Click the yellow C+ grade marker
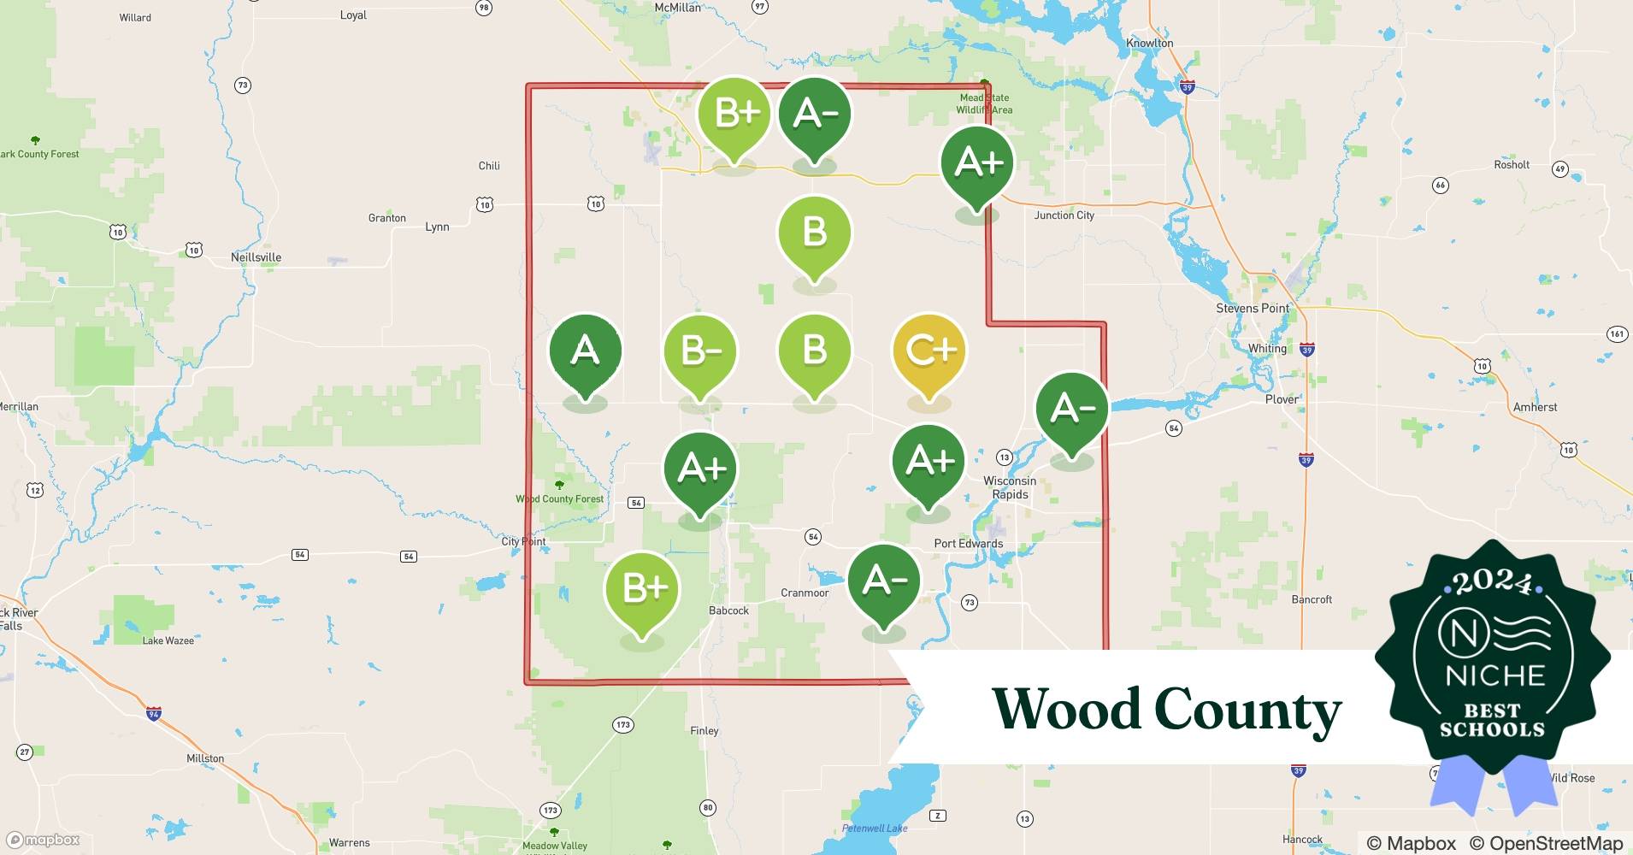pyautogui.click(x=929, y=352)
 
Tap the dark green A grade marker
pyautogui.click(x=585, y=352)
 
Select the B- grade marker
pyautogui.click(x=700, y=352)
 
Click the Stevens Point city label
pyautogui.click(x=1253, y=308)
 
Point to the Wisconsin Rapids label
pyautogui.click(x=1010, y=487)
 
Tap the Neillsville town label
pyautogui.click(x=256, y=257)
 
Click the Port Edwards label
pyautogui.click(x=968, y=543)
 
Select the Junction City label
pyautogui.click(x=1064, y=215)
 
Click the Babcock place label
pyautogui.click(x=728, y=610)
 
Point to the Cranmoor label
pyautogui.click(x=805, y=593)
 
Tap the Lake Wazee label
pyautogui.click(x=168, y=640)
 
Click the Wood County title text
pyautogui.click(x=1166, y=710)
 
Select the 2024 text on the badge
pyautogui.click(x=1492, y=582)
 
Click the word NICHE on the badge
pyautogui.click(x=1494, y=675)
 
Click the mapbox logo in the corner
pyautogui.click(x=44, y=840)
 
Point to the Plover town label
pyautogui.click(x=1281, y=399)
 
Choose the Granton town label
pyautogui.click(x=386, y=218)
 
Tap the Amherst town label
pyautogui.click(x=1535, y=407)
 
